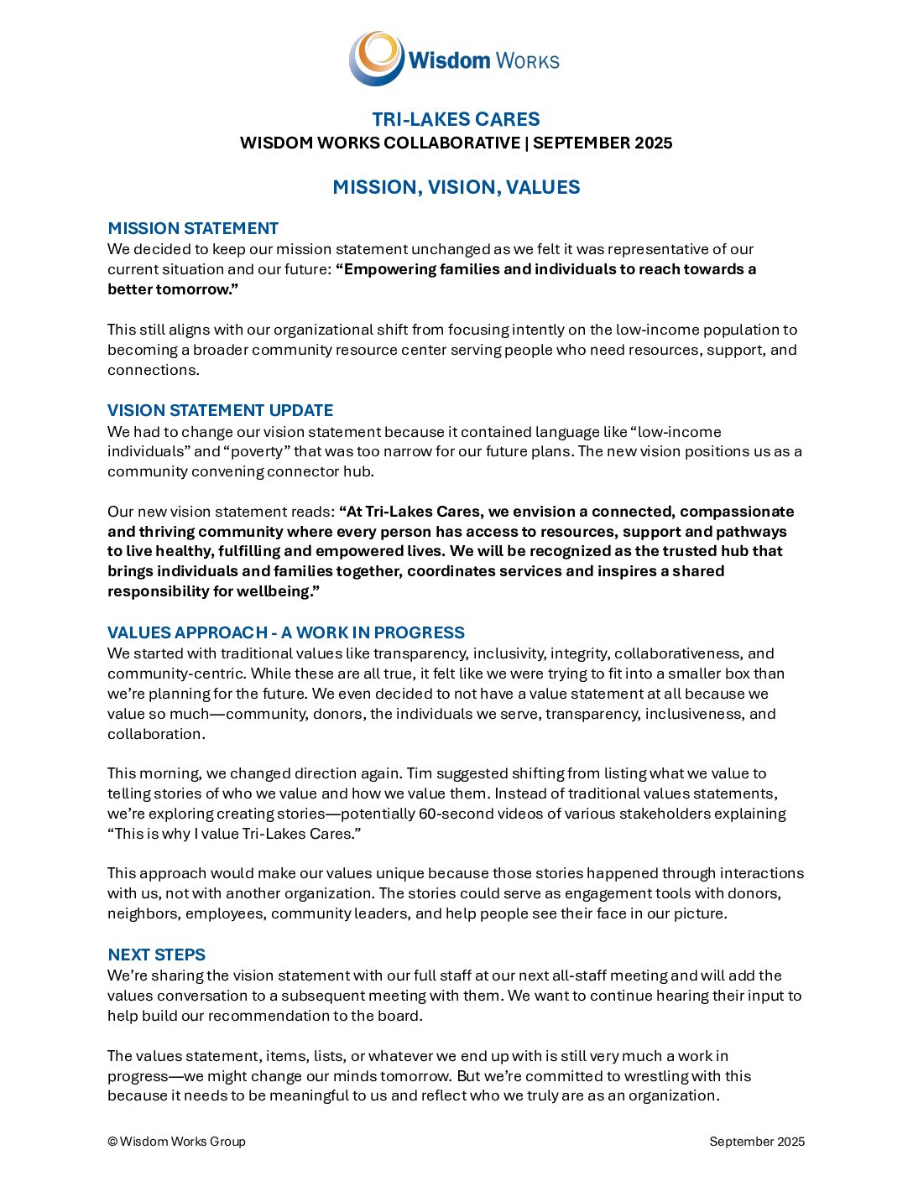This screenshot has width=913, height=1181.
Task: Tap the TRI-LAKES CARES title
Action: click(456, 119)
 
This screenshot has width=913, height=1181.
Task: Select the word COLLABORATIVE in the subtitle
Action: click(451, 143)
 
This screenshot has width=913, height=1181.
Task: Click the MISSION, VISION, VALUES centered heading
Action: click(456, 187)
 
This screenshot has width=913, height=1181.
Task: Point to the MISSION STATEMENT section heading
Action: click(193, 228)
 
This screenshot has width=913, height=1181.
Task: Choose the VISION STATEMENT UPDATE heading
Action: click(220, 410)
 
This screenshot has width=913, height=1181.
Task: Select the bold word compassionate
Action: click(737, 512)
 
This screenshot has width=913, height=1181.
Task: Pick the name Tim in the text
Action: click(419, 773)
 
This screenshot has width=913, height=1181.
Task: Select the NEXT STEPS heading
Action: click(156, 955)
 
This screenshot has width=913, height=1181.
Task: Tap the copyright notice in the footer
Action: click(176, 1142)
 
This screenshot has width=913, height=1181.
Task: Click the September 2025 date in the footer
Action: click(757, 1142)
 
